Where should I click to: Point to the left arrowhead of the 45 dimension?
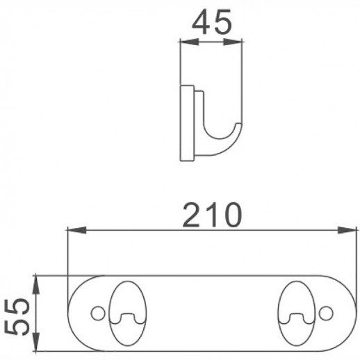(185, 42)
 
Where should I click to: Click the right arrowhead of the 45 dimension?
(238, 42)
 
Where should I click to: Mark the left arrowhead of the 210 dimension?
(72, 229)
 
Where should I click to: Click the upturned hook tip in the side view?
(237, 129)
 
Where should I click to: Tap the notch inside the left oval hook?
(124, 319)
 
